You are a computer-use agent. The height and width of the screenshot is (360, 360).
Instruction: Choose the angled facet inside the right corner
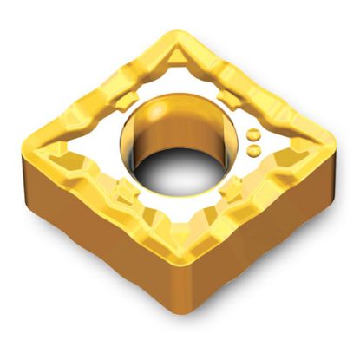click(299, 153)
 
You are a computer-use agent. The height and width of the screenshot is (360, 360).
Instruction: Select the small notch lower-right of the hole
click(235, 186)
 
